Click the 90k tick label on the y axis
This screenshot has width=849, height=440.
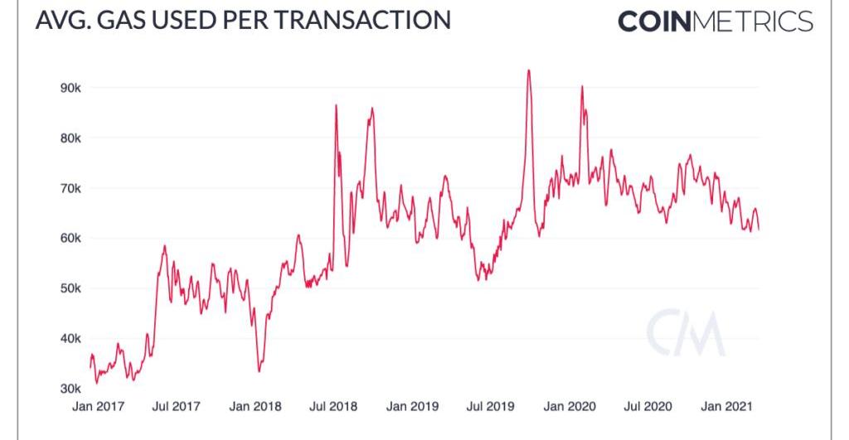pyautogui.click(x=67, y=88)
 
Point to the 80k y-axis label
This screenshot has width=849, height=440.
pyautogui.click(x=67, y=138)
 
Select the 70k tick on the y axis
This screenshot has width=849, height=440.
pyautogui.click(x=67, y=188)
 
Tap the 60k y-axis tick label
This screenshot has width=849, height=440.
pyautogui.click(x=67, y=239)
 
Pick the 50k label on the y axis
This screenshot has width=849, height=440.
pyautogui.click(x=67, y=288)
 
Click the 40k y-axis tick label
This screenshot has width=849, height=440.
pyautogui.click(x=67, y=339)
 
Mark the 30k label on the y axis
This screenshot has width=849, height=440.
pyautogui.click(x=67, y=389)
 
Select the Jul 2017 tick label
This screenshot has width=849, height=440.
pyautogui.click(x=177, y=407)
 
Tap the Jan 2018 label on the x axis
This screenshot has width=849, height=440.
pyautogui.click(x=255, y=407)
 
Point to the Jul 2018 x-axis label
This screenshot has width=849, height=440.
pyautogui.click(x=333, y=407)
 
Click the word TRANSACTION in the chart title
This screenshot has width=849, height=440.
pyautogui.click(x=362, y=20)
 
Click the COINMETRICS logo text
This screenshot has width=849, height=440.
pyautogui.click(x=716, y=22)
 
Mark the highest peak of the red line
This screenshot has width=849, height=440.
pyautogui.click(x=528, y=70)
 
